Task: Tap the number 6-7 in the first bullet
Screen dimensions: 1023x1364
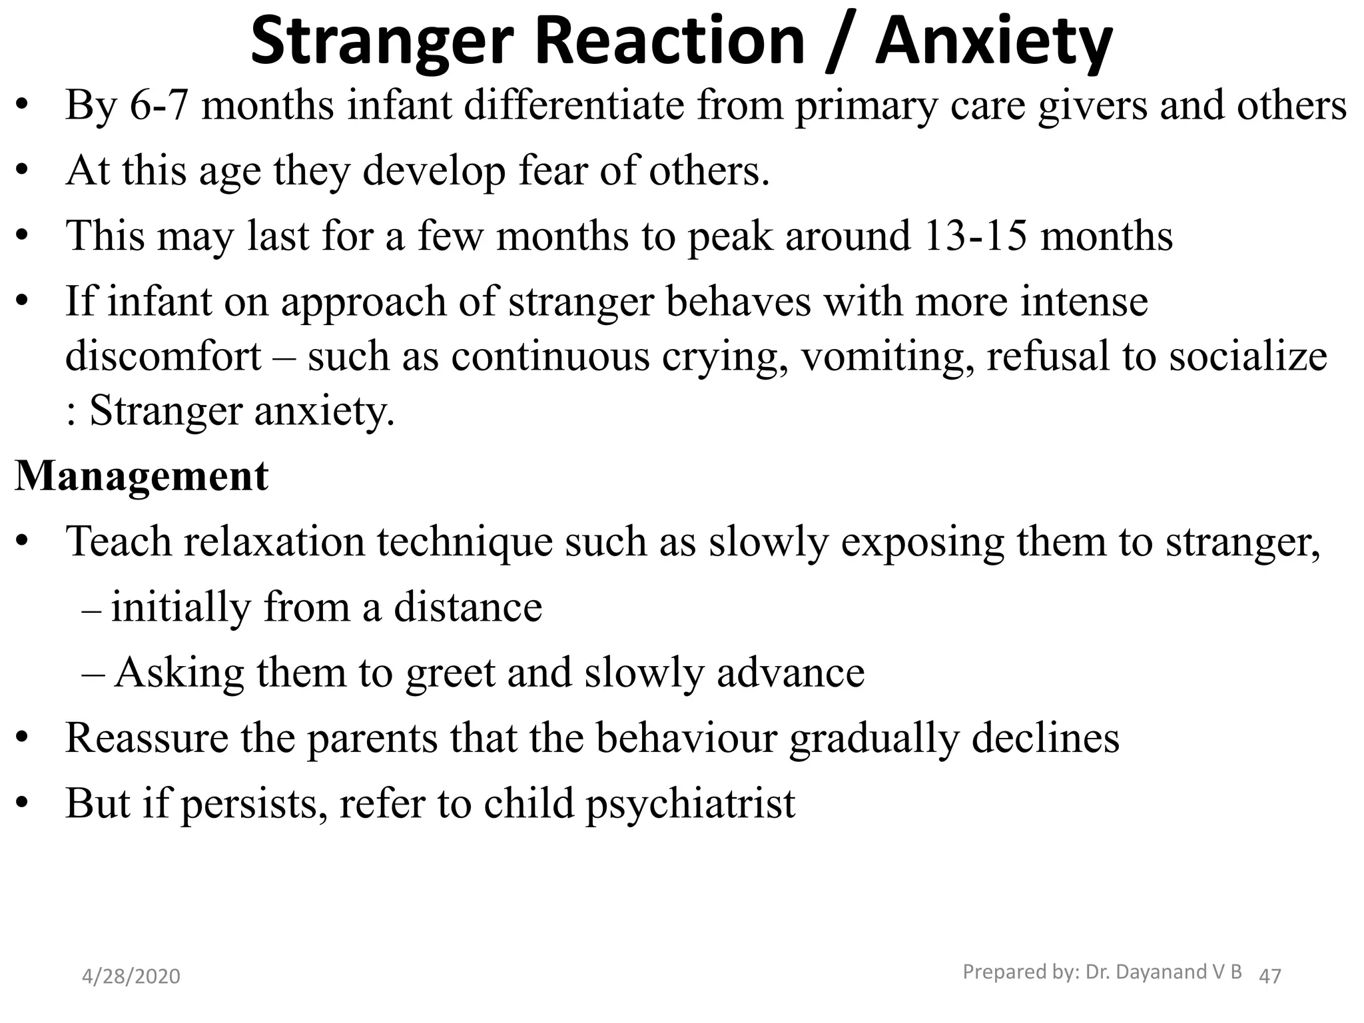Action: pos(159,105)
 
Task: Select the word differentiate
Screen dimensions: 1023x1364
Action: pos(573,105)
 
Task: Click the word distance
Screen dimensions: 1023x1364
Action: pos(468,607)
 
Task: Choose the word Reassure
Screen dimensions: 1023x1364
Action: pos(147,737)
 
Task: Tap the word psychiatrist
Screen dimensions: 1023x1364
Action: pos(690,803)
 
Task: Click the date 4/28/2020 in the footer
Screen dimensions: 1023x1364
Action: pos(131,976)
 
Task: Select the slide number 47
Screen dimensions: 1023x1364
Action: pos(1270,976)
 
